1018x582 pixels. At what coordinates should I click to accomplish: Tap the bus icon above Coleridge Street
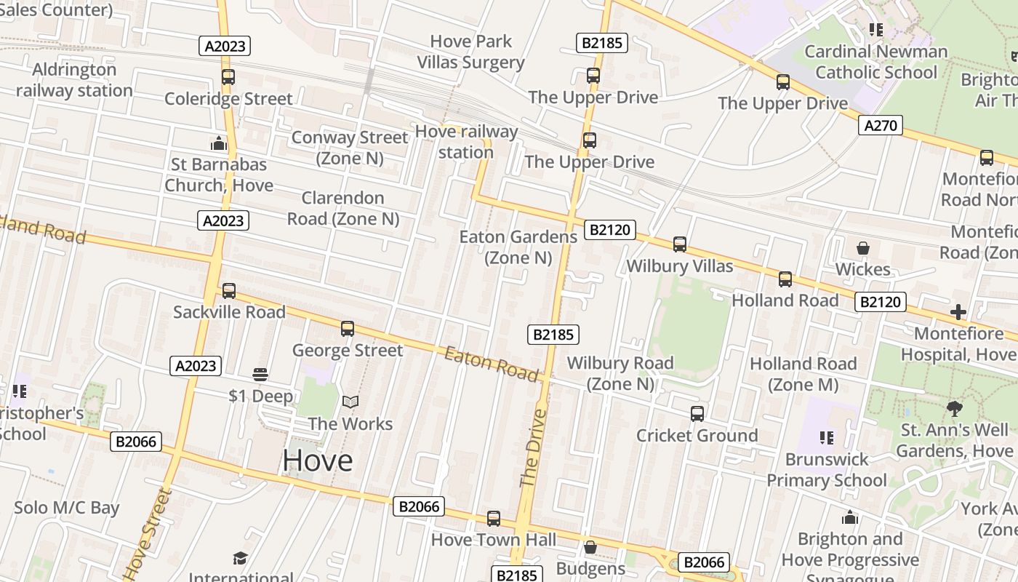point(228,76)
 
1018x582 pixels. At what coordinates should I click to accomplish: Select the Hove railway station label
point(466,142)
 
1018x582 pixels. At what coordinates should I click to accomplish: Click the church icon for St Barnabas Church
point(219,143)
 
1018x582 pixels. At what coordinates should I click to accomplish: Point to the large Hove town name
point(318,461)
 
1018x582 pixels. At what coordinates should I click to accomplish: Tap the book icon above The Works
point(350,402)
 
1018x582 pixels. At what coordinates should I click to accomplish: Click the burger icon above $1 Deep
point(260,375)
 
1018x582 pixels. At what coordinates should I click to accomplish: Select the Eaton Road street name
point(492,364)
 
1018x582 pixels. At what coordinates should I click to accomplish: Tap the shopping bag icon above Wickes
point(863,248)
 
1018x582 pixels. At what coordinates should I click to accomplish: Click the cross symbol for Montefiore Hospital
point(958,312)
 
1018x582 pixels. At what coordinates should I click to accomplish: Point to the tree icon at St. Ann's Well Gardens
point(955,408)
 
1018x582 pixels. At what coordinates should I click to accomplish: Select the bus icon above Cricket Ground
point(697,413)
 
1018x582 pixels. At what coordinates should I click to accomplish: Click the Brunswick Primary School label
point(827,470)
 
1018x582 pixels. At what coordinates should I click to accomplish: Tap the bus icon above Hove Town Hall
point(494,518)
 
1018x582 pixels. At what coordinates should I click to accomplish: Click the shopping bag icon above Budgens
point(590,546)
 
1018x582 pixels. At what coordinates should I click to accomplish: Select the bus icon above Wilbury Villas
point(680,244)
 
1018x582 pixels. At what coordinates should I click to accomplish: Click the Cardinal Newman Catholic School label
point(876,62)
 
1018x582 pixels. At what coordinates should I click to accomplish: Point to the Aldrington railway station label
point(74,80)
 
